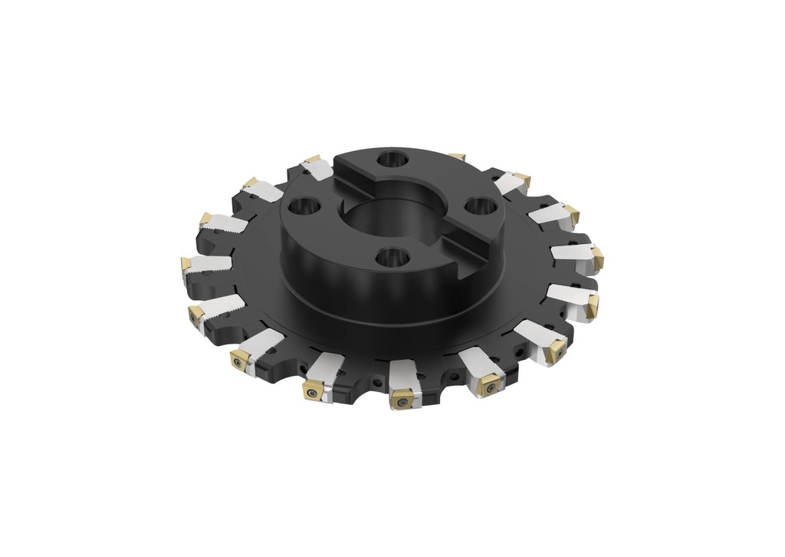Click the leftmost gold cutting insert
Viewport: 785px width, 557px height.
(186, 265)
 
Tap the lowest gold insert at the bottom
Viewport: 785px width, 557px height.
(401, 398)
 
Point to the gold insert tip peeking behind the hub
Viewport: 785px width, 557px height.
(457, 157)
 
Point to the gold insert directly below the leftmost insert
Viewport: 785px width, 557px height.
(196, 313)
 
